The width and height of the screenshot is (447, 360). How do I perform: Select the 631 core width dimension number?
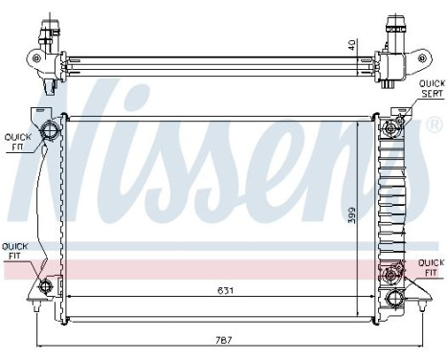pyautogui.click(x=222, y=290)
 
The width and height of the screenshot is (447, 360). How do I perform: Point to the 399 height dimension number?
pyautogui.click(x=353, y=217)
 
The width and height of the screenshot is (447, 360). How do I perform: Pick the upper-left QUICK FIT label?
pyautogui.click(x=17, y=141)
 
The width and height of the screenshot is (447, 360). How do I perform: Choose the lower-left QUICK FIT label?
pyautogui.click(x=14, y=251)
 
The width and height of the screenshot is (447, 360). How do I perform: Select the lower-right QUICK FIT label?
pyautogui.click(x=430, y=265)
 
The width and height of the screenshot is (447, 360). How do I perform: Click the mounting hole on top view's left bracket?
pyautogui.click(x=36, y=57)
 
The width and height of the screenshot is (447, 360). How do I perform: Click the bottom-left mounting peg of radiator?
pyautogui.click(x=36, y=309)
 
